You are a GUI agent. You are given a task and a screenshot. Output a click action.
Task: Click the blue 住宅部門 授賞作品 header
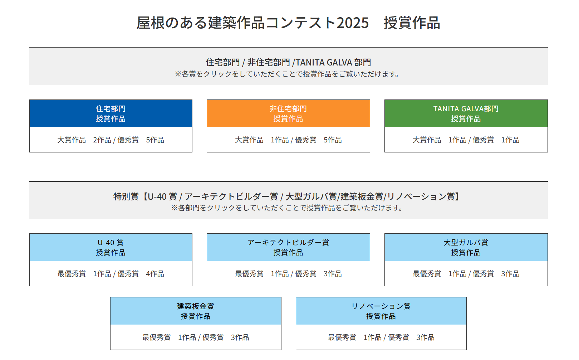pos(111,113)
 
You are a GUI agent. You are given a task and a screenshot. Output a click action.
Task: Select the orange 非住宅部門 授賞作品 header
pos(288,113)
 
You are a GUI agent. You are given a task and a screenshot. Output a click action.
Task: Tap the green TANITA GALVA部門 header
pos(466,113)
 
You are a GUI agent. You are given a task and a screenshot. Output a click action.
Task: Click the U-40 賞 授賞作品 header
pos(111,247)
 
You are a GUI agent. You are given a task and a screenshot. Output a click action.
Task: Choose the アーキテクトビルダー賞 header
pos(288,247)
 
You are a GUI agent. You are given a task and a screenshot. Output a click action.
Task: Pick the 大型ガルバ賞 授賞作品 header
pos(466,247)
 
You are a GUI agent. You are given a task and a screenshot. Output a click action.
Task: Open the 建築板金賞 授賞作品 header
pos(196,311)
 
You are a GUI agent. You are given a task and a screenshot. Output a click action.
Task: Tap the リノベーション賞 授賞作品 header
pos(381,311)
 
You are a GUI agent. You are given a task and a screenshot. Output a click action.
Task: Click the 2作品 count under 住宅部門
pos(102,140)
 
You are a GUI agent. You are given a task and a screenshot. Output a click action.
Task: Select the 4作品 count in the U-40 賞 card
pos(155,274)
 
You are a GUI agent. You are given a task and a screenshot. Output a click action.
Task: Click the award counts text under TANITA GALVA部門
pos(466,140)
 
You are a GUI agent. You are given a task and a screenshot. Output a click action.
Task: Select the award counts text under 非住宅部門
pos(288,140)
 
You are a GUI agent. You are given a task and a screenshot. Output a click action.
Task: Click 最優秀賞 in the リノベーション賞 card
pos(342,337)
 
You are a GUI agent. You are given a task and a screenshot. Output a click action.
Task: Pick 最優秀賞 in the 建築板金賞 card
pos(156,337)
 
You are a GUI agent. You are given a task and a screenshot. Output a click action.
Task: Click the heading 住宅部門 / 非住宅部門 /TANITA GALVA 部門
pos(288,62)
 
